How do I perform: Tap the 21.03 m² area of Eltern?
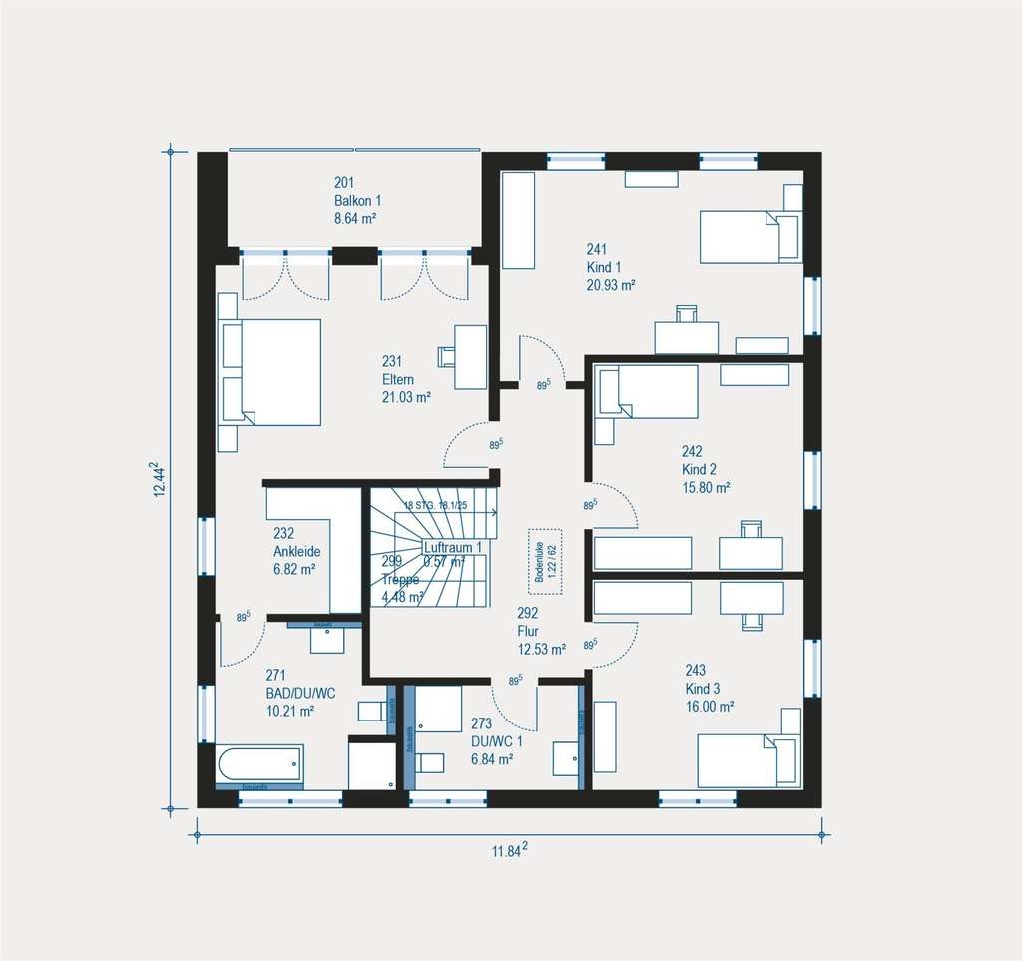pyautogui.click(x=406, y=397)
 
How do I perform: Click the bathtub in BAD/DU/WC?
pyautogui.click(x=258, y=765)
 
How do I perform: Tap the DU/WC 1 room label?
pyautogui.click(x=496, y=741)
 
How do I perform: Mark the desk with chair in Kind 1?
pyautogui.click(x=687, y=333)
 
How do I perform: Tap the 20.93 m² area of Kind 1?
pyautogui.click(x=611, y=284)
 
